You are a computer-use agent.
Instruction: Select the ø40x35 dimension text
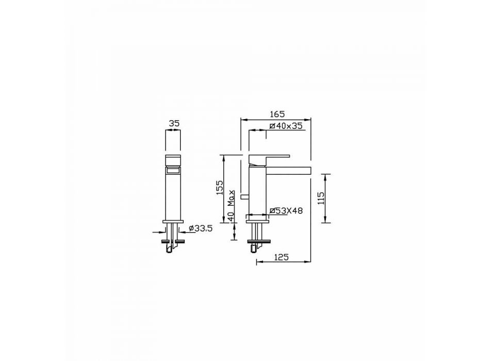click(x=286, y=126)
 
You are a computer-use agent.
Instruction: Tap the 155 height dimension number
click(x=220, y=188)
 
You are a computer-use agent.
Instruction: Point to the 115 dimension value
click(x=321, y=198)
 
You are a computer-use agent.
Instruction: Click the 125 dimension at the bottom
click(x=281, y=257)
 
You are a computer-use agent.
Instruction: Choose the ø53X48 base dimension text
click(x=286, y=210)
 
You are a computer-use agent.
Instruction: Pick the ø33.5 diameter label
click(x=201, y=228)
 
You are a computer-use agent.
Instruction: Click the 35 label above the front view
click(x=174, y=123)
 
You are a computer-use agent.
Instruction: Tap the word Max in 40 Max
click(x=231, y=198)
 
